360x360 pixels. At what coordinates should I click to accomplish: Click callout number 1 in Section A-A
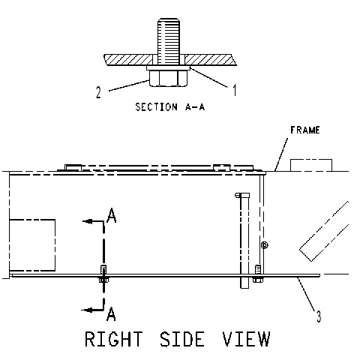tap(234, 90)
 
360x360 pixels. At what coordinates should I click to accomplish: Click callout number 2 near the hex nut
tap(98, 92)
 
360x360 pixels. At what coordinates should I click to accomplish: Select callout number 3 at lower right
tap(319, 316)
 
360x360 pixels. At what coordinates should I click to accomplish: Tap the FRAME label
tap(305, 130)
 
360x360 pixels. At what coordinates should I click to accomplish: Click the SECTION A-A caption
tap(170, 107)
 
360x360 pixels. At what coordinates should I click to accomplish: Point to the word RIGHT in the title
tap(114, 339)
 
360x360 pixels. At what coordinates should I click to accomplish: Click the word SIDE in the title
tap(182, 339)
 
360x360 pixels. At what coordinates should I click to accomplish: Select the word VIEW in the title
tap(246, 339)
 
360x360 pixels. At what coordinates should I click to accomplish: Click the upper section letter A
tap(111, 215)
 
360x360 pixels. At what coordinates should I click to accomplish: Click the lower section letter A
tap(111, 314)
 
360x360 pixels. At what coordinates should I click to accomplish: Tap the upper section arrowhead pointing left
tap(88, 221)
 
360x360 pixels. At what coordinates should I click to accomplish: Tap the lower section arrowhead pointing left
tap(86, 310)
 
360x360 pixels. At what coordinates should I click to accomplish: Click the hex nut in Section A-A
tap(168, 79)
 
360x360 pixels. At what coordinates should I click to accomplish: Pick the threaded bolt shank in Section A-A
tap(169, 41)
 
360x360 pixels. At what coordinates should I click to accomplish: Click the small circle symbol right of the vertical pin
tap(265, 245)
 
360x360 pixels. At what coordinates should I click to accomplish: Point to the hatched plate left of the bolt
tap(129, 60)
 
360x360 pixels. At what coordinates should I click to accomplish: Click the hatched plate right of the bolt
tap(211, 60)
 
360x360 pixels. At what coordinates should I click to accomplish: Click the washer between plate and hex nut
tap(168, 68)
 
